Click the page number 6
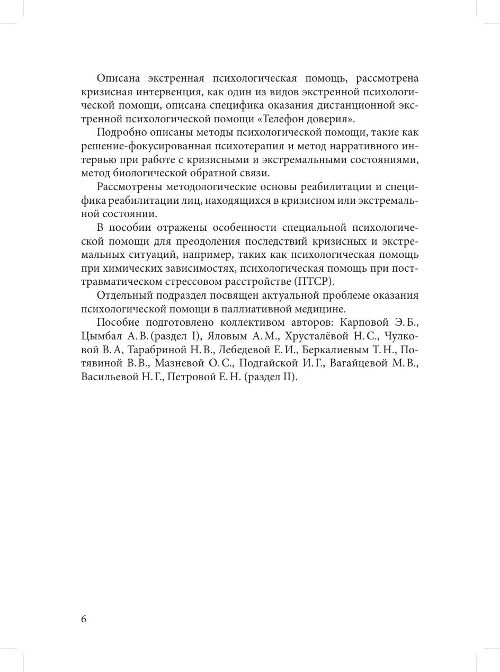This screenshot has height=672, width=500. coord(84,620)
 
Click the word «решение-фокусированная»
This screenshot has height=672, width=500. coord(140,146)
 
